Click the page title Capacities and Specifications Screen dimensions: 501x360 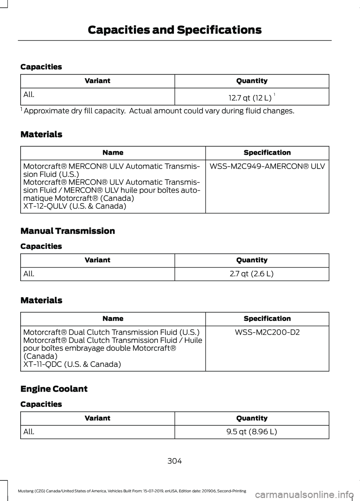(x=174, y=30)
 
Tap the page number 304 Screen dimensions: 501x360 (x=174, y=461)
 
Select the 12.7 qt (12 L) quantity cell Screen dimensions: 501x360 (x=252, y=98)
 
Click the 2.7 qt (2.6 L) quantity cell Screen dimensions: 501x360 (x=252, y=274)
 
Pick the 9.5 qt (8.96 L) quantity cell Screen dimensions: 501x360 (x=252, y=432)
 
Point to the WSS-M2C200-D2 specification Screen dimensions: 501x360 (x=267, y=332)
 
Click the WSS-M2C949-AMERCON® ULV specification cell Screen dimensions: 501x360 (x=267, y=166)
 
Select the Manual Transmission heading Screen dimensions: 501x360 (x=68, y=231)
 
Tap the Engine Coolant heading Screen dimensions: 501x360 (x=54, y=389)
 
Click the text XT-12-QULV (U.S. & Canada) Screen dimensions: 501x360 (x=75, y=206)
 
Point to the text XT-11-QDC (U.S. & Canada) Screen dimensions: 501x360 (x=72, y=364)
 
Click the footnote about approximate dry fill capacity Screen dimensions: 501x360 (x=157, y=111)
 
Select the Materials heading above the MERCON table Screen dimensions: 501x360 (x=42, y=134)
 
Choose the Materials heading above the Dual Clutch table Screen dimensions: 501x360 (x=42, y=300)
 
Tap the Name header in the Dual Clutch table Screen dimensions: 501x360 (x=113, y=319)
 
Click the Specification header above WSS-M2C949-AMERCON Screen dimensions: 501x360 (x=267, y=153)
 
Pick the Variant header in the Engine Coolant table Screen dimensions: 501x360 (x=97, y=418)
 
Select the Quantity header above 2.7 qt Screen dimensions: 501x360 (x=252, y=260)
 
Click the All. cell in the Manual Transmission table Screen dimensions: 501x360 (x=29, y=274)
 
